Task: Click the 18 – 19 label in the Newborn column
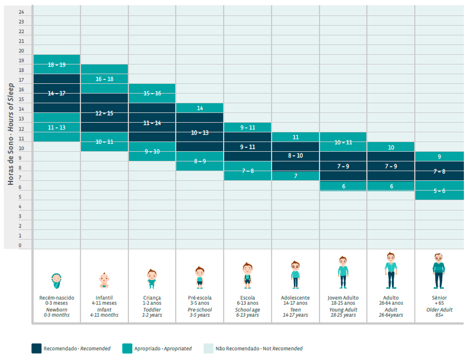tap(56, 64)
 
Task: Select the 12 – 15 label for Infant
tap(104, 113)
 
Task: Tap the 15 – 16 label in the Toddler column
tap(152, 93)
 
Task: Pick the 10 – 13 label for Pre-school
tap(200, 132)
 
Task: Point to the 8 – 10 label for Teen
tap(296, 156)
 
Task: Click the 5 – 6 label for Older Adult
tap(439, 191)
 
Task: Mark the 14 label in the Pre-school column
tap(200, 108)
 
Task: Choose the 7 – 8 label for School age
tap(248, 171)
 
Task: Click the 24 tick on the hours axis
tap(21, 12)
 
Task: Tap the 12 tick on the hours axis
tap(21, 129)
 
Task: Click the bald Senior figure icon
tap(439, 271)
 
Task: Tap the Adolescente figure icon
tap(295, 274)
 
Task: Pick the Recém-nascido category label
tap(56, 298)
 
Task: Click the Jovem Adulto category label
tap(343, 298)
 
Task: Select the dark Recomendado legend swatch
tap(37, 349)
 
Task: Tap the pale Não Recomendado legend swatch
tap(208, 349)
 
